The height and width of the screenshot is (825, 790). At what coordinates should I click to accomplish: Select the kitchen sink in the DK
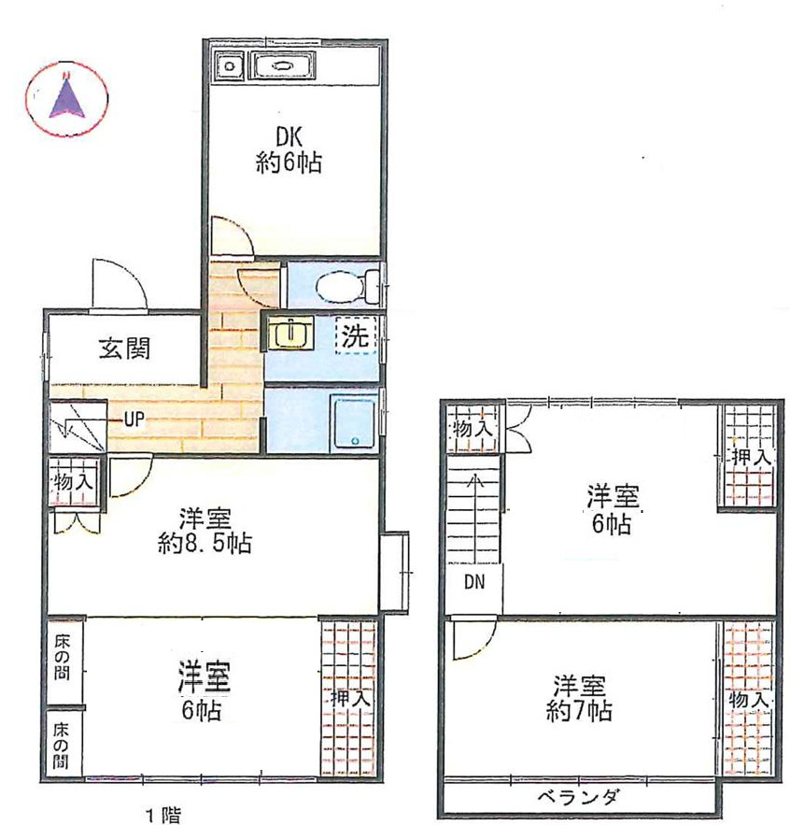[x=282, y=67]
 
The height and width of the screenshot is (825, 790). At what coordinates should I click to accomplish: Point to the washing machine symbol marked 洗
[x=356, y=336]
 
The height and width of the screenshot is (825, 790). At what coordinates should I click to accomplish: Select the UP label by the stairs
[x=134, y=420]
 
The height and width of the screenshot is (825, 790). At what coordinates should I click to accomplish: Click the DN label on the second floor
[x=474, y=583]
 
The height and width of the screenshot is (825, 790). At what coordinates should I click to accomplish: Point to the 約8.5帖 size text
[x=204, y=544]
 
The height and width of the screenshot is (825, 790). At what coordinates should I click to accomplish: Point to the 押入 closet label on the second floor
[x=751, y=458]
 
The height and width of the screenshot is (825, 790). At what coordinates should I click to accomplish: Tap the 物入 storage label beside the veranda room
[x=750, y=699]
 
